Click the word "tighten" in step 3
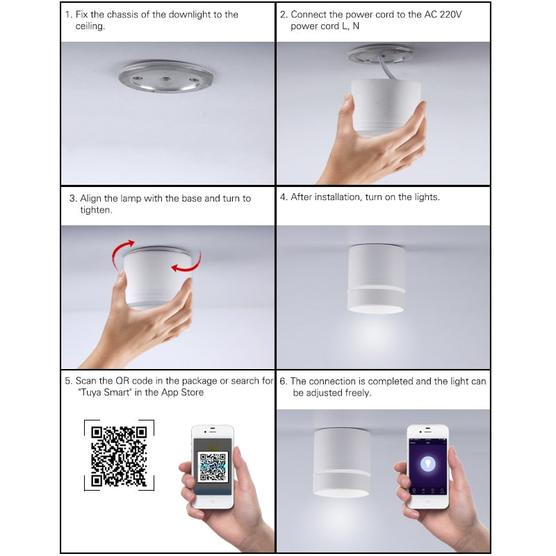pos(95,210)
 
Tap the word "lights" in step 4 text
pos(424,197)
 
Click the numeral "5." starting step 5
pos(69,382)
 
